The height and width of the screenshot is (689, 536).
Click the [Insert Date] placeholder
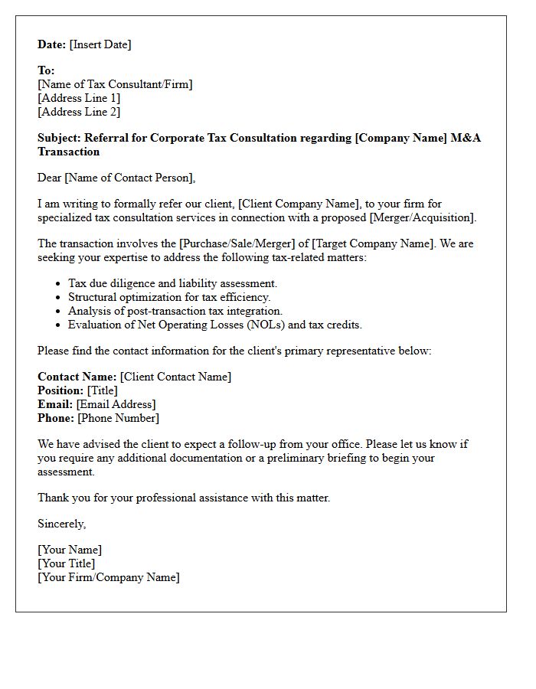[100, 44]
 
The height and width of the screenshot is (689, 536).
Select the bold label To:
[46, 70]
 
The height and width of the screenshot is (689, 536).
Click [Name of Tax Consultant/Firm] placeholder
[115, 84]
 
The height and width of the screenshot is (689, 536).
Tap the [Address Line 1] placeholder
[79, 98]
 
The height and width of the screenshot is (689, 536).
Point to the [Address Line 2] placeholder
[79, 112]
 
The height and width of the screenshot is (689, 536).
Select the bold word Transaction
[68, 152]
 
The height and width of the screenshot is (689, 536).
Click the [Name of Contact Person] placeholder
[129, 178]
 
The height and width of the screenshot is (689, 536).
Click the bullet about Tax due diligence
[172, 283]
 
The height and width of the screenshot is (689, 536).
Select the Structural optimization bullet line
[169, 297]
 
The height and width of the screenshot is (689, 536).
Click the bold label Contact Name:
[77, 377]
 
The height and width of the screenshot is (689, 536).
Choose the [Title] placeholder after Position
[103, 390]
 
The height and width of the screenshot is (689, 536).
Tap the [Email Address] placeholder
[116, 404]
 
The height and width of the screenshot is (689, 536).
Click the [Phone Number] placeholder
[118, 418]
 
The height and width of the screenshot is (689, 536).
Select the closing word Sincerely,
[61, 524]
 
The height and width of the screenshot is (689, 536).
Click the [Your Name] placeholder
[70, 550]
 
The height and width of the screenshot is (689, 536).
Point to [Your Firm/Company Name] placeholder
[109, 577]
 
